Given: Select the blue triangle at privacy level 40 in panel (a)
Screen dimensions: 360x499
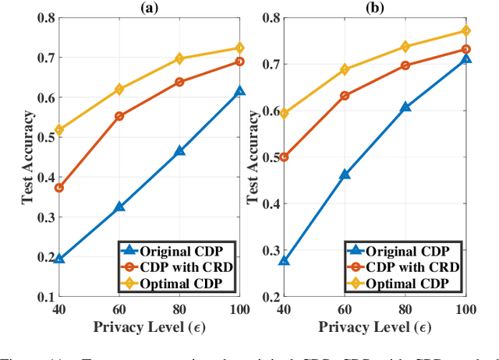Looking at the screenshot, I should (x=59, y=258).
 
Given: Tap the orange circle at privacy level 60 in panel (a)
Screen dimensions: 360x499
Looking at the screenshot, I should (x=119, y=116).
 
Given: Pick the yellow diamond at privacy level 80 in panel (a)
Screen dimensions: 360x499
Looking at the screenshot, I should (x=179, y=58).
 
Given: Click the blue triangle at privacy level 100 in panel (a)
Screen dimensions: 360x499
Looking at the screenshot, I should (x=239, y=91).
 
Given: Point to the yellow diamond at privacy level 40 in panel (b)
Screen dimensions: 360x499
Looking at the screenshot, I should (x=285, y=114).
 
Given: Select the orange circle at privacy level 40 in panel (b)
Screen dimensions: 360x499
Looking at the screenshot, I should (x=285, y=157).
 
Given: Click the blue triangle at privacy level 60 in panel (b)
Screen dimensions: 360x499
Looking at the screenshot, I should (x=345, y=175).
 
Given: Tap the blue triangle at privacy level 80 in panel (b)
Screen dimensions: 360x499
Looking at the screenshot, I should (x=405, y=108).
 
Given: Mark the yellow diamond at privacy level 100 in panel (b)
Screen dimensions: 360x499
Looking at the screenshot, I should (x=465, y=31).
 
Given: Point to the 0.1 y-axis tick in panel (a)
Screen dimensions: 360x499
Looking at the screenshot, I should (x=42, y=298).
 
